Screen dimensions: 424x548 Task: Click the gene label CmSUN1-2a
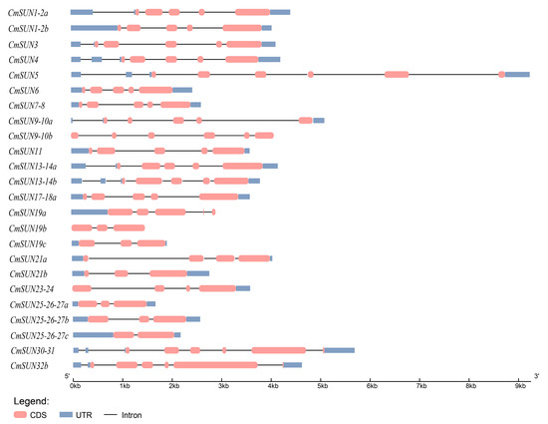pos(34,12)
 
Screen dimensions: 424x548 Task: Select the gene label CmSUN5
pos(23,75)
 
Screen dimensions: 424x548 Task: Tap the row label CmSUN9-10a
pos(32,121)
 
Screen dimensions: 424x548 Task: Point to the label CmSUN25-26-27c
pos(40,335)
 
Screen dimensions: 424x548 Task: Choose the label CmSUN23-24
pos(31,289)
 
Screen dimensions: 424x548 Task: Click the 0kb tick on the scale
pos(75,384)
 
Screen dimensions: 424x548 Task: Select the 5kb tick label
pos(322,384)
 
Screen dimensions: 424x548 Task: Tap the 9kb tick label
pos(519,384)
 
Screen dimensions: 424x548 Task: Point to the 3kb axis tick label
pos(223,384)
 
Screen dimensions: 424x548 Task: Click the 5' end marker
pos(67,375)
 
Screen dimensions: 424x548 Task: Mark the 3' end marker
pos(536,375)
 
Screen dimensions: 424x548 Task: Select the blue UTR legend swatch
pos(68,412)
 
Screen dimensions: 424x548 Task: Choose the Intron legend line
pos(113,412)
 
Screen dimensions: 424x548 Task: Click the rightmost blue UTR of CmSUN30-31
pos(340,350)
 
